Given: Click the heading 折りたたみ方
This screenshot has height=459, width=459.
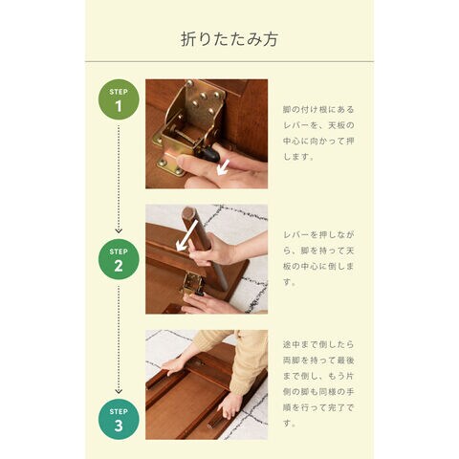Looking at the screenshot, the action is [x=229, y=39].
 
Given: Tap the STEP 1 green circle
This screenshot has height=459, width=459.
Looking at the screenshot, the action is [x=119, y=99].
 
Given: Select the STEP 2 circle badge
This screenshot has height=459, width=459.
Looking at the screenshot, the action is [x=119, y=259].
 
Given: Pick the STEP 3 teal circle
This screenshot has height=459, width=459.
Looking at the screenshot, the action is [x=119, y=420].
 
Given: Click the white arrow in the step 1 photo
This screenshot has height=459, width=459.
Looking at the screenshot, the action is [x=223, y=167].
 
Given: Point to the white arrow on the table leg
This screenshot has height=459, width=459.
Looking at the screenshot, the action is [x=187, y=235].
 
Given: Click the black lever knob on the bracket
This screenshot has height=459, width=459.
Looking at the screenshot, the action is [x=210, y=154].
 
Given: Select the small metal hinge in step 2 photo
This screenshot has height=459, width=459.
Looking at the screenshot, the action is [x=192, y=284].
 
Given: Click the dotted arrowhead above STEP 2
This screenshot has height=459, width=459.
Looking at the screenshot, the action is [x=119, y=230].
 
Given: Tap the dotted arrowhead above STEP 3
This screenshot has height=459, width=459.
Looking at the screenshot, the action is [x=119, y=390].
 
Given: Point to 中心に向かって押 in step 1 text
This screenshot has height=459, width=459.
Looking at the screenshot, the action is [x=318, y=141].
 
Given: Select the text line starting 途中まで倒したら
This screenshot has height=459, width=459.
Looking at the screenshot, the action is [x=318, y=344].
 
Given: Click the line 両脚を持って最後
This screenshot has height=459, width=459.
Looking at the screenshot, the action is [x=318, y=361].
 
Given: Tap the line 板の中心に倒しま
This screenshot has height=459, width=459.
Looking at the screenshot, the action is [x=318, y=266].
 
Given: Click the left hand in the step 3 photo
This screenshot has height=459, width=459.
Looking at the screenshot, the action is [x=173, y=365].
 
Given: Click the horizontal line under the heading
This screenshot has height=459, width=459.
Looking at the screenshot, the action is [x=229, y=61].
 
